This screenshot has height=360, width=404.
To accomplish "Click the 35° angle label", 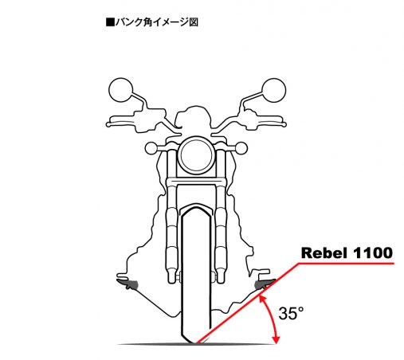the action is [x=291, y=313].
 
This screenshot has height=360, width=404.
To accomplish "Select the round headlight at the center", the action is [x=197, y=155].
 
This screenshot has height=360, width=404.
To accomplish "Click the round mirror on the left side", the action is [x=121, y=90].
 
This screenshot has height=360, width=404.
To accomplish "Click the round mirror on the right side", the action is [x=273, y=90].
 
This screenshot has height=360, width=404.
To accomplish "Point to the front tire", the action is [x=196, y=276].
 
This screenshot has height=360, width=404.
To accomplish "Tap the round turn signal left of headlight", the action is [x=151, y=148].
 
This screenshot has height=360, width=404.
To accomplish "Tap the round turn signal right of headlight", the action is [x=241, y=148].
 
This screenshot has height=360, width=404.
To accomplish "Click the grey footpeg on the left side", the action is [x=128, y=284].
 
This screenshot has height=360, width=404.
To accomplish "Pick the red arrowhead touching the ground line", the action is [x=277, y=340].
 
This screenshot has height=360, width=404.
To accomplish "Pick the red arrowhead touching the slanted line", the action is [x=262, y=299].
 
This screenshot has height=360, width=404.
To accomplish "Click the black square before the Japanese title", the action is [x=110, y=22].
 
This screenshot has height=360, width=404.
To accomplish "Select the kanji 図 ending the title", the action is [x=194, y=22].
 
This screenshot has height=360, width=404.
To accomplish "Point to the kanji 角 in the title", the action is [x=147, y=22].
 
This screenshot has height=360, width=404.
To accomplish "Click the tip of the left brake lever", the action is [x=108, y=124].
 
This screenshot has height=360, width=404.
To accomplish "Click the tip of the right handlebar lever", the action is [x=284, y=124].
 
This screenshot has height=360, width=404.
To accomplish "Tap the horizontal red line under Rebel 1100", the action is [x=346, y=264].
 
